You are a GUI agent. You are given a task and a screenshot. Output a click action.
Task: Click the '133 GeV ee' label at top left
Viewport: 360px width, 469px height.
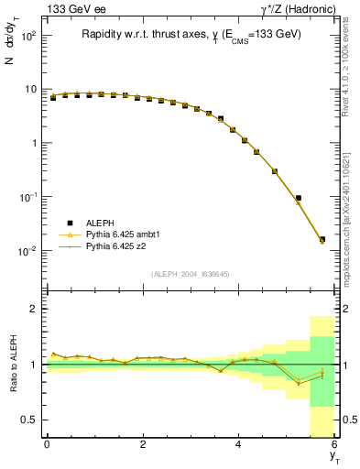(x=72, y=9)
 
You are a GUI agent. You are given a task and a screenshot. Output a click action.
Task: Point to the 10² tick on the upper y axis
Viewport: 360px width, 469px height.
(x=27, y=36)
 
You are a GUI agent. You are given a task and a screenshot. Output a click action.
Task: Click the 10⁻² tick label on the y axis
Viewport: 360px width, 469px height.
(x=27, y=250)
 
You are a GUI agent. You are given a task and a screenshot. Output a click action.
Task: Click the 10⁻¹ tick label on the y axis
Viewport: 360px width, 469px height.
(x=27, y=197)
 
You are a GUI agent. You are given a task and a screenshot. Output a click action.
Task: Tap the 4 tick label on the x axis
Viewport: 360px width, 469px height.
(x=238, y=445)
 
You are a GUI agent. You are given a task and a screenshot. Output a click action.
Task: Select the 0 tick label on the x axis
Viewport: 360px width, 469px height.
(x=47, y=445)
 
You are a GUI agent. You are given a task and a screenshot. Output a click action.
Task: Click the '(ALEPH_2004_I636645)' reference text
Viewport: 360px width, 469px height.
(x=190, y=274)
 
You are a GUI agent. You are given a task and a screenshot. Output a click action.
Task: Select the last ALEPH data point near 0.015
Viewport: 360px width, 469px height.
(x=322, y=240)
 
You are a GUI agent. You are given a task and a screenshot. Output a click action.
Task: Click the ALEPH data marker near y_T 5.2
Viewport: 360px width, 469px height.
(x=298, y=198)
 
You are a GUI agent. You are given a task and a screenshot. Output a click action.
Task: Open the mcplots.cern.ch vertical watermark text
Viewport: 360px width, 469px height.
(x=350, y=202)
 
